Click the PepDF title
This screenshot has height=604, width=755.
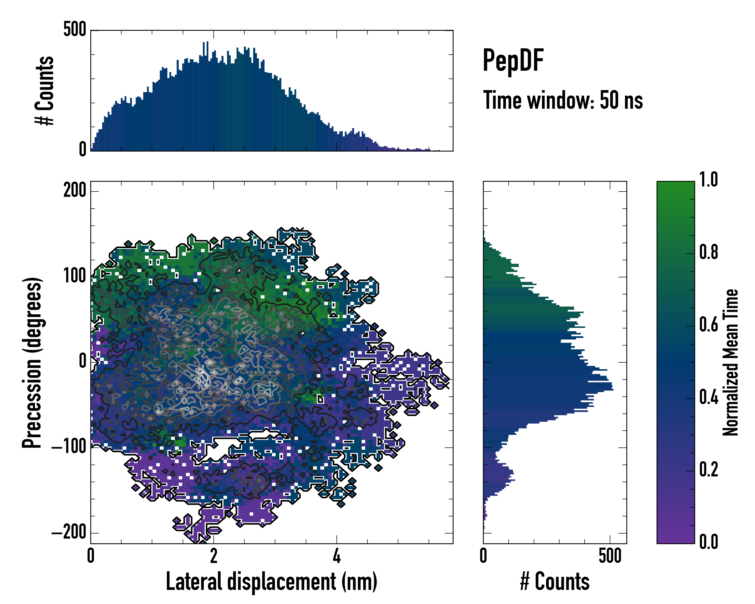(513, 60)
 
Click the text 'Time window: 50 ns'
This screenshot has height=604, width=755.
(563, 100)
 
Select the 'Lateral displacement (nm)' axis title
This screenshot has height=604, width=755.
(271, 582)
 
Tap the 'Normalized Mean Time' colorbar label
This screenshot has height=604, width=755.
(731, 362)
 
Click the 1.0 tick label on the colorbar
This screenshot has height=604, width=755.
(708, 180)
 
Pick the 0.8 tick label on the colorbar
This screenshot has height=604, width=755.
(708, 252)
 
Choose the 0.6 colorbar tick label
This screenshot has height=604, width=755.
(708, 325)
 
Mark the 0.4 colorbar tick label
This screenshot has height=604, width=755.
(708, 397)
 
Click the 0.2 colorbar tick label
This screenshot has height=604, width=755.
(708, 470)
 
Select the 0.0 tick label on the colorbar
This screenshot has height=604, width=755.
(708, 542)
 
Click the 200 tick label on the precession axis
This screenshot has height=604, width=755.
(74, 191)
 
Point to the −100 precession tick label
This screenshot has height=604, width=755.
(69, 447)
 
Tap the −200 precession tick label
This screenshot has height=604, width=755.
(69, 533)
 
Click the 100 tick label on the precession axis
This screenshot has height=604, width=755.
(74, 276)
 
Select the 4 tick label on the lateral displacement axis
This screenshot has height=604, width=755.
(336, 556)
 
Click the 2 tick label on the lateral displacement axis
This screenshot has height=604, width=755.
(214, 556)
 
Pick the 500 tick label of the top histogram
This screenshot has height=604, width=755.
(74, 29)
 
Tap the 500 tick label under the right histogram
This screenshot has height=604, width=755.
(610, 556)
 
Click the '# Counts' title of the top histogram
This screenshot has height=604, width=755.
(45, 90)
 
